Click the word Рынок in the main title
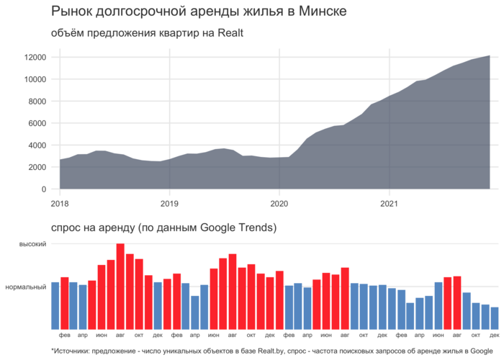(69, 12)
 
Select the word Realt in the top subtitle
(233, 33)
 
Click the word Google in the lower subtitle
(216, 228)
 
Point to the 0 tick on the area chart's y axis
(44, 189)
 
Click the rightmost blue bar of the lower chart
(495, 318)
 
